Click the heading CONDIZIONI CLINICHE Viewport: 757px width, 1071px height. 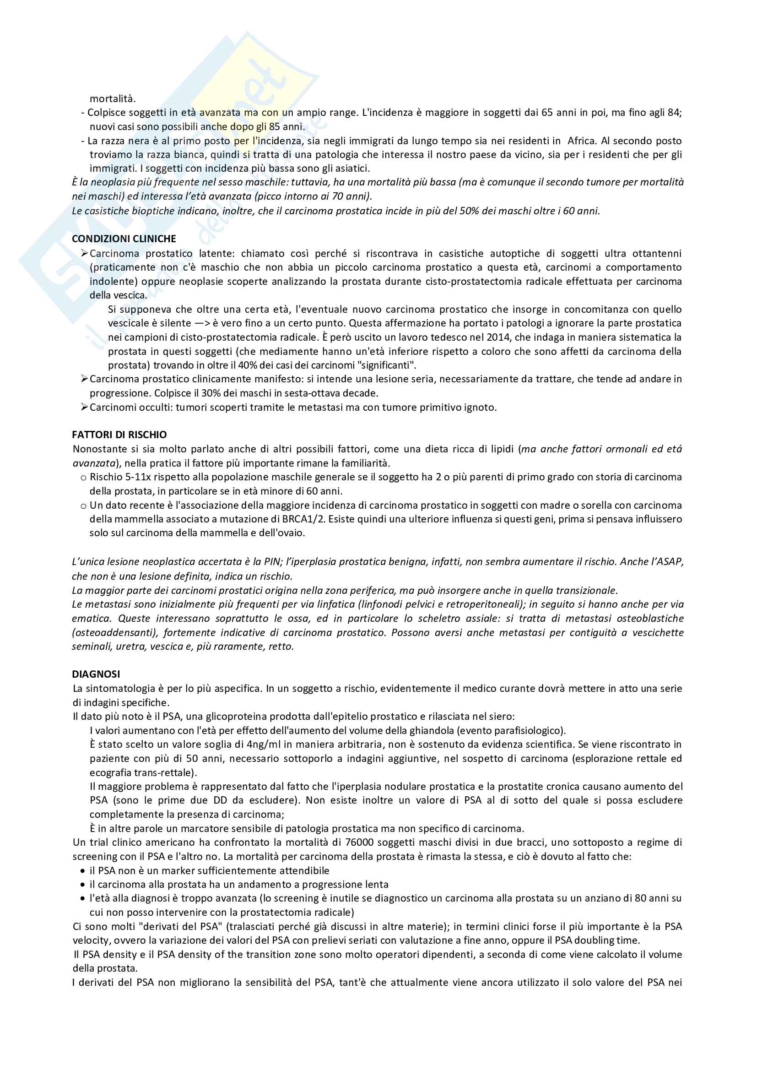tap(124, 239)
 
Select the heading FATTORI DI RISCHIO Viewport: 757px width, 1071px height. tap(119, 435)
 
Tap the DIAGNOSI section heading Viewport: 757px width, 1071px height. tap(96, 674)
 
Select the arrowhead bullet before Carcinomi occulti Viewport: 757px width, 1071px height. tap(84, 407)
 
